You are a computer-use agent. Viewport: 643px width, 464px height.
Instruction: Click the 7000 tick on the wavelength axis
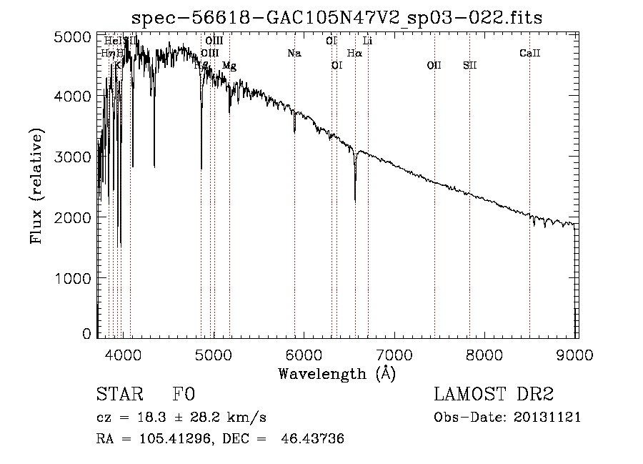coord(395,353)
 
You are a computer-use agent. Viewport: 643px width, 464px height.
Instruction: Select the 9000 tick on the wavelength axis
coord(576,353)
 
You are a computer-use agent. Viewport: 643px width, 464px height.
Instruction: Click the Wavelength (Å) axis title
coord(337,373)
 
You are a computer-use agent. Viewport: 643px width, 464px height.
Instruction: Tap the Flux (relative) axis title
coord(36,186)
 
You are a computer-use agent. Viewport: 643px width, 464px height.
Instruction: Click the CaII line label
coord(529,53)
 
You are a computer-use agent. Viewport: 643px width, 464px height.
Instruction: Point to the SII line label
coord(469,66)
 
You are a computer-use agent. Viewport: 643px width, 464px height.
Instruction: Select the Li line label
coord(367,41)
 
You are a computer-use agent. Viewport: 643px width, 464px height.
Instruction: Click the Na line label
coord(294,53)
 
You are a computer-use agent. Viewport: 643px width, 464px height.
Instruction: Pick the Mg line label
coord(229,66)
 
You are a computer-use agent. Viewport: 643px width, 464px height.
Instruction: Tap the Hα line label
coord(354,53)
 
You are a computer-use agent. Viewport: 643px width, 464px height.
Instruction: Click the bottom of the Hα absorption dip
coord(355,201)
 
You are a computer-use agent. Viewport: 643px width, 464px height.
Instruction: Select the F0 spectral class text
coord(184,395)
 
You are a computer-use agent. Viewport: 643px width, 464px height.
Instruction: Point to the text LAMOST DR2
coord(493,395)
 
